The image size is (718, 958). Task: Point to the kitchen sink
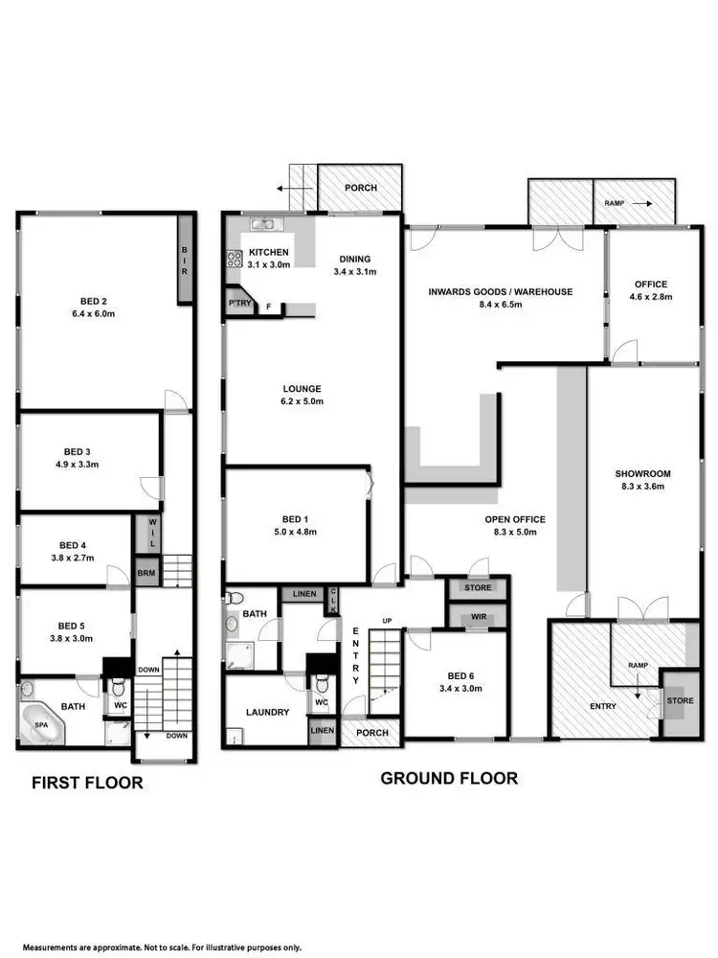263,224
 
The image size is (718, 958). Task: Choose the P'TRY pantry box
237,304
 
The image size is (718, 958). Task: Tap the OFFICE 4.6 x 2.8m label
651,290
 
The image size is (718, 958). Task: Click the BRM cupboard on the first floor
146,573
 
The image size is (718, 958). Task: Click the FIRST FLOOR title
87,783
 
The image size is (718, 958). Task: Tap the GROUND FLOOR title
449,778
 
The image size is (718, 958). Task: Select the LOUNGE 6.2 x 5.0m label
302,395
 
